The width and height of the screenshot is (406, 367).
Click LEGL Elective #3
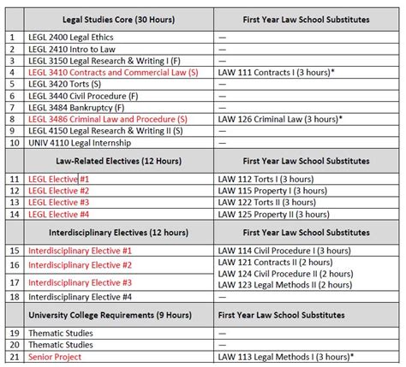pos(59,202)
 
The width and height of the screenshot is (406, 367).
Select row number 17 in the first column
pos(12,282)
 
